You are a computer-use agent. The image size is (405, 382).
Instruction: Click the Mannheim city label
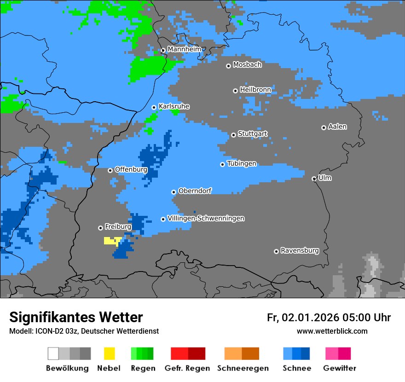[x=184, y=49]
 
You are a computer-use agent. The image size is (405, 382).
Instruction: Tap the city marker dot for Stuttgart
[x=233, y=135]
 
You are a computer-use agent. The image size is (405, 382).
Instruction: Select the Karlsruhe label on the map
[x=174, y=106]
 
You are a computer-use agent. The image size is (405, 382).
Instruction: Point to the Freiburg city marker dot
[x=100, y=228]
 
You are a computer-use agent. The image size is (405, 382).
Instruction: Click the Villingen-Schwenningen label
[x=206, y=218]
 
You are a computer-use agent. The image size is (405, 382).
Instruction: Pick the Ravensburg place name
[x=300, y=250]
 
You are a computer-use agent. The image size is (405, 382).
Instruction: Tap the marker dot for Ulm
[x=314, y=179]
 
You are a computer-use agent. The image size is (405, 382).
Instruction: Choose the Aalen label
[x=337, y=127]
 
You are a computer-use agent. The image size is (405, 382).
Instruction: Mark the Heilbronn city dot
[x=235, y=91]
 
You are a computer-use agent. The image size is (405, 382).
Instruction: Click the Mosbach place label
[x=247, y=65]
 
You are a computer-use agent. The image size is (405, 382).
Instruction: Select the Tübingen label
[x=242, y=163]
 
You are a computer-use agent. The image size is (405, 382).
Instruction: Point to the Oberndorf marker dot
[x=174, y=192]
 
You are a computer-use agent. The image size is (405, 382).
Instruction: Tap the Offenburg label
[x=131, y=169]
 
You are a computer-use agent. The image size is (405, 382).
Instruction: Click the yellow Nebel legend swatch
[x=109, y=353]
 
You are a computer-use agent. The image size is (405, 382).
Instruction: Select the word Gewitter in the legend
[x=339, y=368]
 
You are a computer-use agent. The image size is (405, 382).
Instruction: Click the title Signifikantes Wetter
[x=76, y=317]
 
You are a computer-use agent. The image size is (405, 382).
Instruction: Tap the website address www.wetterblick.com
[x=332, y=331]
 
